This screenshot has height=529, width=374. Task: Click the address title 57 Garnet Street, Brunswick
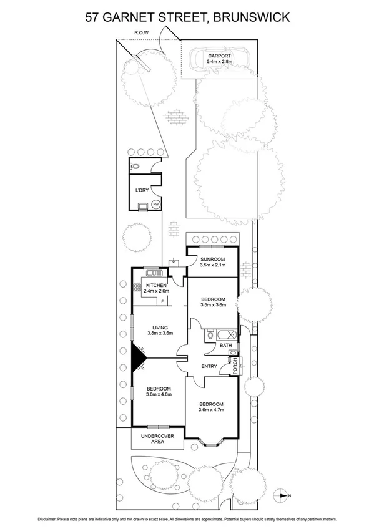[187, 17]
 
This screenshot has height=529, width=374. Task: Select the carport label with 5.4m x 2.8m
[219, 59]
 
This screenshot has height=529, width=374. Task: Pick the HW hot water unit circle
[155, 204]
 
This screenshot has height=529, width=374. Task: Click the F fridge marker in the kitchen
[162, 303]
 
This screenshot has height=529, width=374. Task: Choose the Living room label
[159, 329]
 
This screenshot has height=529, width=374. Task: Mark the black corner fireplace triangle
[137, 357]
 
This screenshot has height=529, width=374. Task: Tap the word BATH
[225, 345]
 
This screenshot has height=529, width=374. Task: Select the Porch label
[235, 367]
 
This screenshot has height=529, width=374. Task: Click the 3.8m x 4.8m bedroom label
[159, 391]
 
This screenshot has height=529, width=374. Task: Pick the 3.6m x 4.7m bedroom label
[211, 408]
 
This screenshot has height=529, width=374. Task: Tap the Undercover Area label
[157, 439]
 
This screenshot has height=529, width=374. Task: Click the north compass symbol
[285, 495]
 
